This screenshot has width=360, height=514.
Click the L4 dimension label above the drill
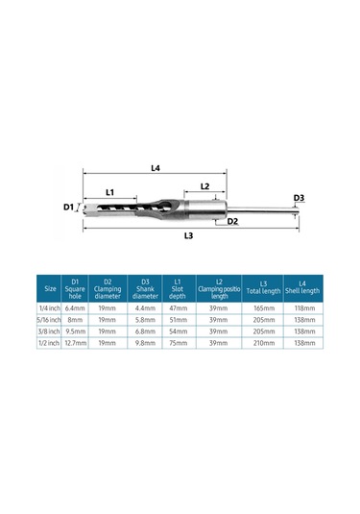[x=156, y=168]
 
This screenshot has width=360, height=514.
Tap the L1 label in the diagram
[x=110, y=192]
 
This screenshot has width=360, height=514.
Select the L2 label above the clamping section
[x=204, y=186]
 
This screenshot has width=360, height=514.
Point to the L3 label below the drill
[x=189, y=235]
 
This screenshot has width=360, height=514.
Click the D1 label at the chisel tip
[x=68, y=208]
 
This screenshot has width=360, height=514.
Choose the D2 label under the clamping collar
[x=232, y=221]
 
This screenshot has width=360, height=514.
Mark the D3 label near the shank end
[x=299, y=198]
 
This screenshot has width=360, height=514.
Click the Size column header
[x=50, y=289]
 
